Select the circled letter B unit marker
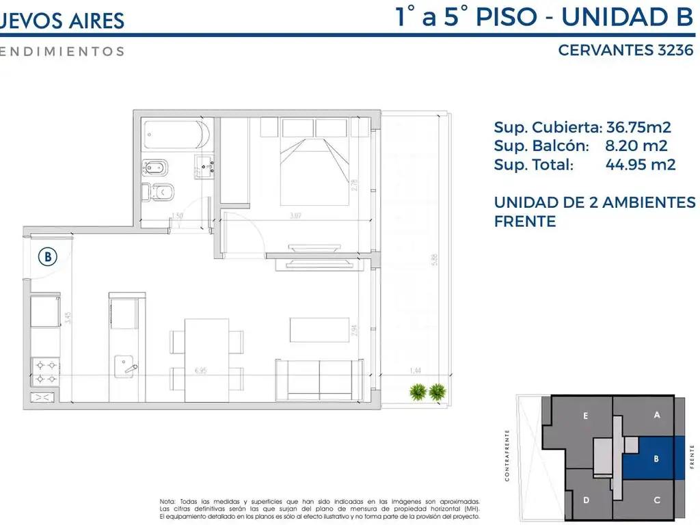pos(48,257)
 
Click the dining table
pos(206,359)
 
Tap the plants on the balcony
pos(427,392)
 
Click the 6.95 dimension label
pos(200,371)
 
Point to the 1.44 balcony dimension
pos(414,371)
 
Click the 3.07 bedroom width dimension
pos(295,217)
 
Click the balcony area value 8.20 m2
pos(636,146)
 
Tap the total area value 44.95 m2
pos(641,165)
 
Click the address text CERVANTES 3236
pos(625,50)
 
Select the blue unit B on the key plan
pos(655,458)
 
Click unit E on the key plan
pos(585,416)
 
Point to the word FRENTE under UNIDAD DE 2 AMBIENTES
pos(524,221)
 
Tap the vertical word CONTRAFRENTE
pos(507,455)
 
